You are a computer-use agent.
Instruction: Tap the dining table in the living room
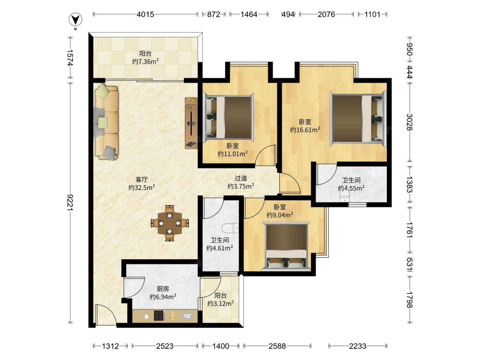click(169, 223)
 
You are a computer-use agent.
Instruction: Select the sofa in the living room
click(107, 122)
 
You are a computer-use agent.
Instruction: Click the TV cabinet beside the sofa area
click(191, 123)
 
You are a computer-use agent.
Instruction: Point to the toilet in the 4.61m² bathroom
click(230, 228)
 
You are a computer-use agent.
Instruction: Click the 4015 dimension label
click(145, 14)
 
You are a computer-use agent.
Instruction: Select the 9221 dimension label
click(71, 202)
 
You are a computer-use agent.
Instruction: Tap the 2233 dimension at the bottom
click(357, 346)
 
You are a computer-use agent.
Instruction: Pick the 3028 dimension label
click(409, 122)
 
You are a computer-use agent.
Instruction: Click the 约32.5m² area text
click(142, 187)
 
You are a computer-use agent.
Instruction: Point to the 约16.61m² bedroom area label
click(305, 130)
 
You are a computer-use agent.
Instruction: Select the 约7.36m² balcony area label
click(145, 61)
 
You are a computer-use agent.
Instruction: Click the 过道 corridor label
click(240, 178)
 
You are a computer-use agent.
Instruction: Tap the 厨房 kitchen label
click(163, 288)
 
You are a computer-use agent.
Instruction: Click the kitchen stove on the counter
click(159, 315)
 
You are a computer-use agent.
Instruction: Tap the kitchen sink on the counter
click(187, 315)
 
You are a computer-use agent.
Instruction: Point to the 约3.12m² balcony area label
click(220, 303)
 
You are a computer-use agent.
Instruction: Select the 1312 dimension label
click(110, 346)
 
